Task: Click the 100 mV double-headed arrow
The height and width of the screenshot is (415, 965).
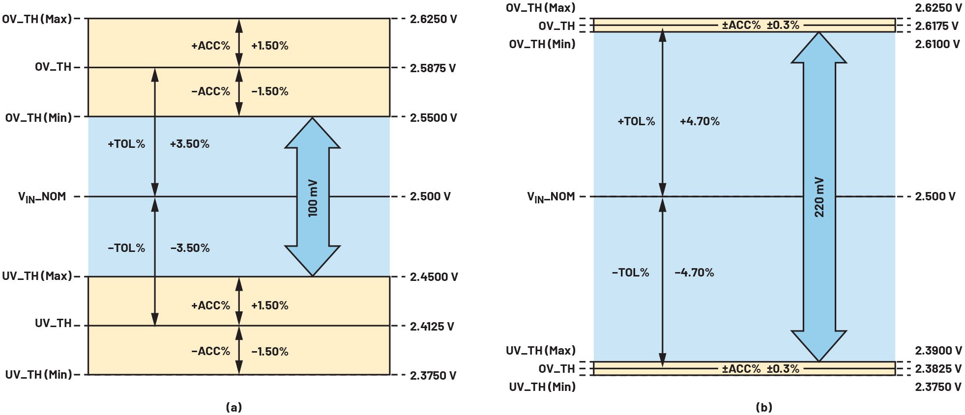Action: (x=313, y=196)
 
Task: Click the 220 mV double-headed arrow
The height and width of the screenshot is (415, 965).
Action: (x=819, y=196)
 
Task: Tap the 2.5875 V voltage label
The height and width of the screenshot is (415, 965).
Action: (x=433, y=68)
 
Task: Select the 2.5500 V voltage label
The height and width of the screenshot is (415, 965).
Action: (x=433, y=118)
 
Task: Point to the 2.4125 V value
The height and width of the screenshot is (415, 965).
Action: (x=432, y=326)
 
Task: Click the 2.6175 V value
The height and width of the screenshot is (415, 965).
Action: (x=936, y=26)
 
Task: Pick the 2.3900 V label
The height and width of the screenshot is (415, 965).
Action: (x=938, y=351)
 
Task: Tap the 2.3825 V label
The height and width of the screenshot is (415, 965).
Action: (x=936, y=369)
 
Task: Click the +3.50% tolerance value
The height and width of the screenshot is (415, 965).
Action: (x=190, y=144)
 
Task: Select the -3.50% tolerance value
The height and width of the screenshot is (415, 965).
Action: (x=190, y=248)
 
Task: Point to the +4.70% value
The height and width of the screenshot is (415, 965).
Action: (x=700, y=121)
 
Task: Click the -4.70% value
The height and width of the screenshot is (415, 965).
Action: (x=694, y=273)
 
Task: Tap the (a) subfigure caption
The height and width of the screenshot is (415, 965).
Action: (x=234, y=407)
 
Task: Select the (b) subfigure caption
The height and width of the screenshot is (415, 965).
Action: (x=764, y=407)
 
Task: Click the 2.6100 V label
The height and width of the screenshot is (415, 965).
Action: (x=937, y=44)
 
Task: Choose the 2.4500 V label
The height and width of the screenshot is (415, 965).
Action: (x=434, y=277)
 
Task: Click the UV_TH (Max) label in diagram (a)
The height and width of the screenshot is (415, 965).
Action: (x=37, y=276)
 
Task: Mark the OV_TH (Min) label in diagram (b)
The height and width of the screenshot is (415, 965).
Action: (x=542, y=44)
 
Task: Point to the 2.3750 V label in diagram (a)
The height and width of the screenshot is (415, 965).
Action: (x=433, y=376)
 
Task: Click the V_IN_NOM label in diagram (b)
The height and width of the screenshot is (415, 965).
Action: (x=551, y=197)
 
